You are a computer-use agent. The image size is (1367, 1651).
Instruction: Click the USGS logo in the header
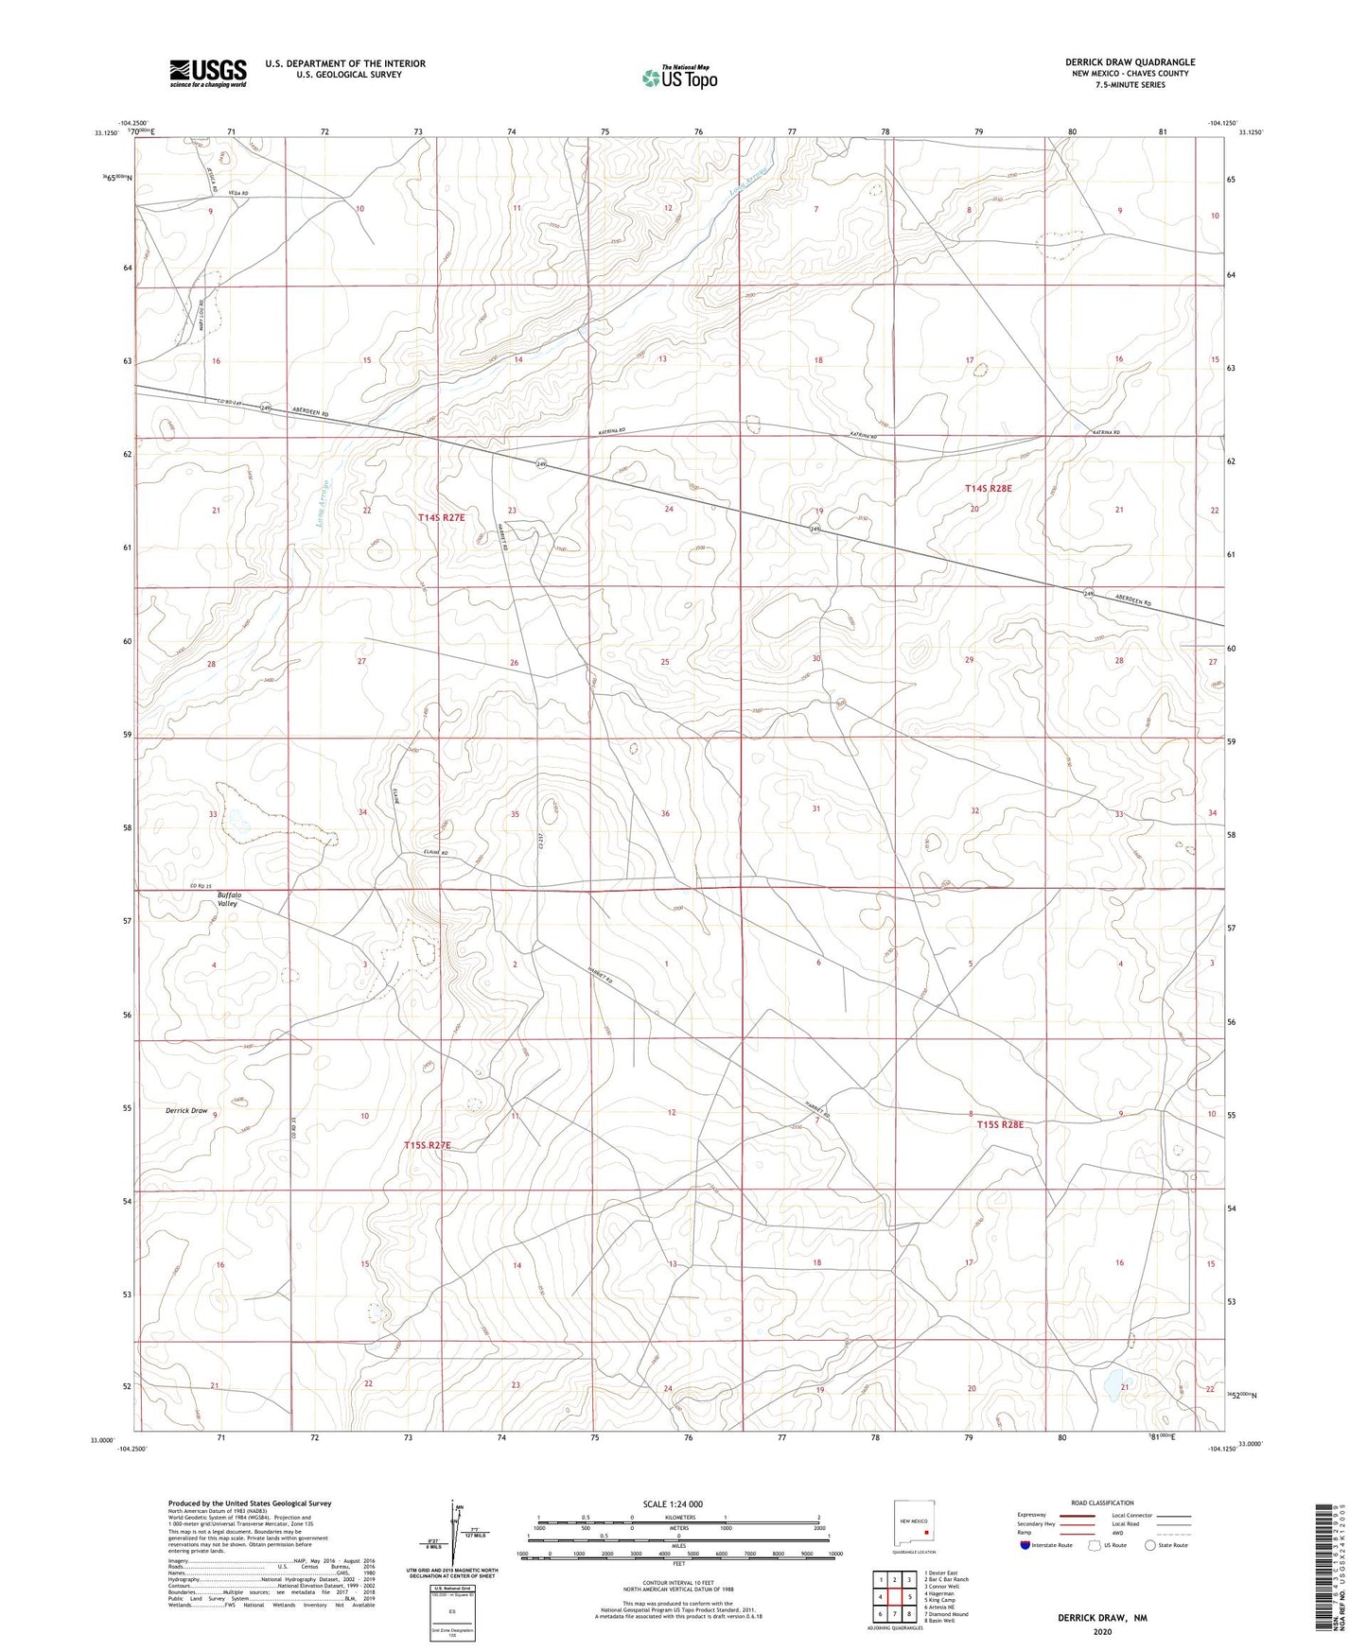click(x=208, y=73)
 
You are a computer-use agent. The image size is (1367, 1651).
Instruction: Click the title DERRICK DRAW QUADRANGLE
click(x=1130, y=62)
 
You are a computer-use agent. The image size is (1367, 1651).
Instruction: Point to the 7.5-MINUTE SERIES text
click(x=1130, y=85)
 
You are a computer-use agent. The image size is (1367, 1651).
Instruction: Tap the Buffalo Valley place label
click(x=229, y=898)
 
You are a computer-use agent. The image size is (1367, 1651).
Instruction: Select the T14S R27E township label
click(x=442, y=517)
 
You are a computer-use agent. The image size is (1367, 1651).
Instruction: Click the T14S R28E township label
click(x=989, y=488)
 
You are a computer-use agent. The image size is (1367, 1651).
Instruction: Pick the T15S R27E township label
click(x=428, y=1145)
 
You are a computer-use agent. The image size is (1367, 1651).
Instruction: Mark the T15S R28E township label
click(x=1001, y=1124)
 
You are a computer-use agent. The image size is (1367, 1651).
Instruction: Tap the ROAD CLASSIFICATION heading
click(x=1102, y=1503)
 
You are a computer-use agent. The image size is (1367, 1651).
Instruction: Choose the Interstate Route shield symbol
click(x=1026, y=1545)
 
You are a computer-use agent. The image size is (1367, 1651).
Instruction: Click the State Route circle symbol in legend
click(x=1150, y=1545)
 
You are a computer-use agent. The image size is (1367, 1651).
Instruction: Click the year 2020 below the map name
click(x=1101, y=1631)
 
